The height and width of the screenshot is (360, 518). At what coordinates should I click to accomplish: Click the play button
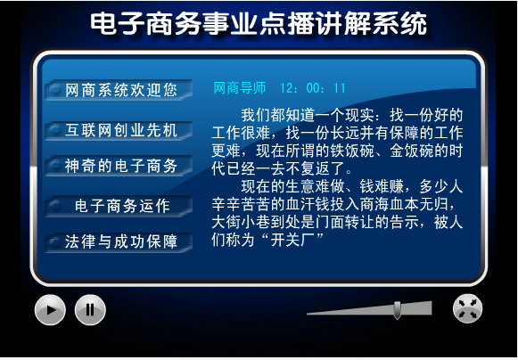tap(50, 310)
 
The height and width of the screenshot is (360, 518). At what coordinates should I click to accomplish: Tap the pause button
tap(90, 310)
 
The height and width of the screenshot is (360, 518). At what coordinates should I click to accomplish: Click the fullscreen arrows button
tap(467, 308)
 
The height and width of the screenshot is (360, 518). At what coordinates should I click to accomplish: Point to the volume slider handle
tap(398, 310)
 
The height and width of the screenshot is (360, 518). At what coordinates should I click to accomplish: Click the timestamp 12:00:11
tap(313, 88)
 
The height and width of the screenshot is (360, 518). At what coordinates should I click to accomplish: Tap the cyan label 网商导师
tap(240, 88)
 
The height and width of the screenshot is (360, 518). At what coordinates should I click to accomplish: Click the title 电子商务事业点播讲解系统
tap(259, 23)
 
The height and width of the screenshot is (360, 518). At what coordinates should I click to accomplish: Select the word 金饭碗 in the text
tap(411, 151)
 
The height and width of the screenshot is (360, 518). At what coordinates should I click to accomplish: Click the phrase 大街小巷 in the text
tap(241, 222)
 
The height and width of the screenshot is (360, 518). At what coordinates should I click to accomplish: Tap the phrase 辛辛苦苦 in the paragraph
tap(241, 204)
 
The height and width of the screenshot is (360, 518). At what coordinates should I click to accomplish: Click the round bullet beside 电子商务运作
tap(55, 206)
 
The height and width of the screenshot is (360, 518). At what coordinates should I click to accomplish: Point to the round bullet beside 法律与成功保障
tap(55, 241)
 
